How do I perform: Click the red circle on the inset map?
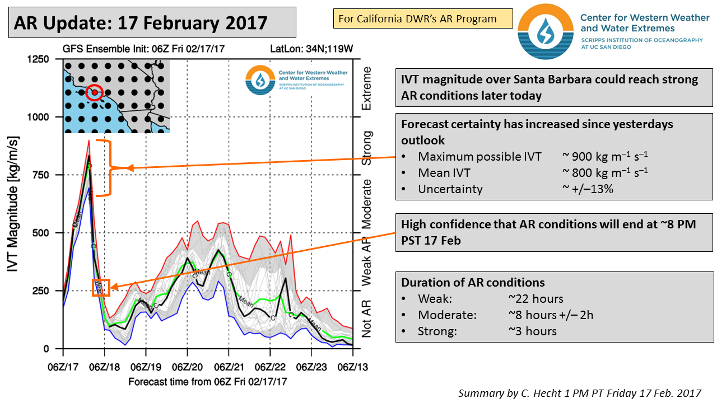pos(94,92)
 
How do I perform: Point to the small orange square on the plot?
pos(101,288)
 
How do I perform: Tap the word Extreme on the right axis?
pos(367,88)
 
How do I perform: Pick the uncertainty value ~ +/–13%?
pos(588,189)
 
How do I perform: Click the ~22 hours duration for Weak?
pos(536,299)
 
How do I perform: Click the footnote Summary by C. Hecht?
pos(579,393)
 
